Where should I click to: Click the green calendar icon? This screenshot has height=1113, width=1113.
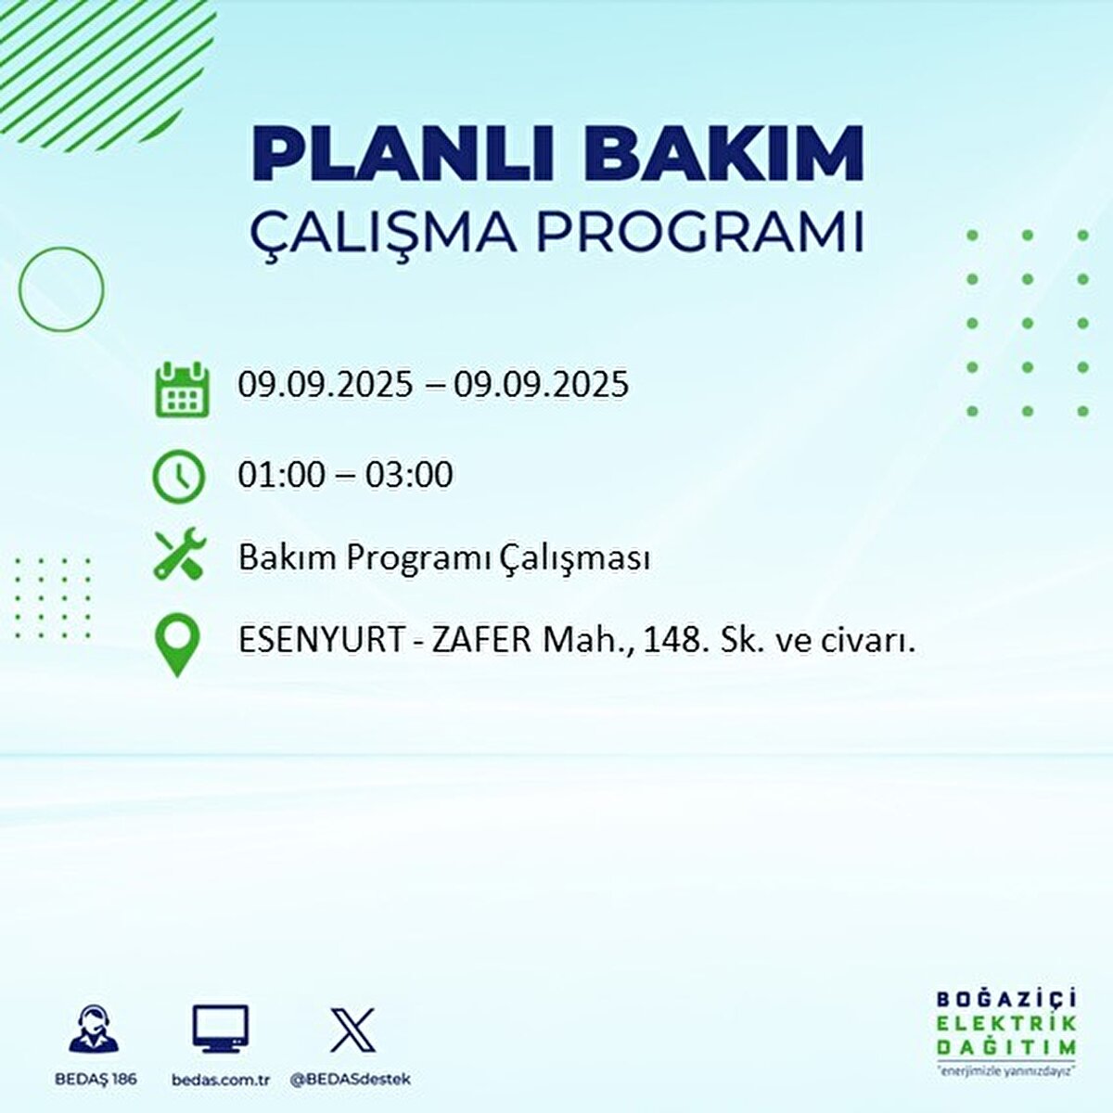coord(180,390)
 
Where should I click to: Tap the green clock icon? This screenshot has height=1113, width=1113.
coord(178,476)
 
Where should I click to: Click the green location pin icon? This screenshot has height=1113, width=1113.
coord(176,646)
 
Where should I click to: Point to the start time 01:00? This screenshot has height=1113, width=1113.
coord(281,475)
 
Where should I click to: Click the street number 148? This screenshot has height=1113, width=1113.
coord(674,640)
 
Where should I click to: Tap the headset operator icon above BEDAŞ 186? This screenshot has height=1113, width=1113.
coord(94,1030)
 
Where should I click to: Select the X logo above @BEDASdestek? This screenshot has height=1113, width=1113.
coord(352,1030)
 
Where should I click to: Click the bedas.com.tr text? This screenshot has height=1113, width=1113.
coord(221,1080)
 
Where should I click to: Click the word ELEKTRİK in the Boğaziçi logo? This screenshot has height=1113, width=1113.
coord(1006,1024)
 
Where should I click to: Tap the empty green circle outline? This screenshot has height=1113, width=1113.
coord(61,288)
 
